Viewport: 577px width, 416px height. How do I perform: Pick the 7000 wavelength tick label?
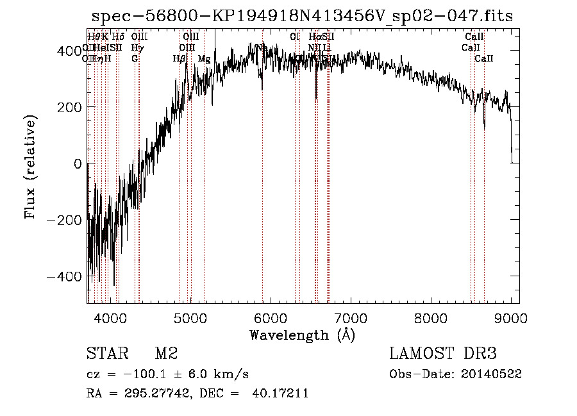click(x=351, y=318)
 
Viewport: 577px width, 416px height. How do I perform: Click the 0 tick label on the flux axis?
click(x=78, y=163)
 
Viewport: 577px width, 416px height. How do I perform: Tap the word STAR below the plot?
click(x=106, y=354)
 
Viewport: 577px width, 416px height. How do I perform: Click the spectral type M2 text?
click(x=166, y=354)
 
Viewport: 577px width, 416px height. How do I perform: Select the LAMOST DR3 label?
click(x=443, y=354)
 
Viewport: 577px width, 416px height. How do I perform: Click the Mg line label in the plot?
click(x=204, y=59)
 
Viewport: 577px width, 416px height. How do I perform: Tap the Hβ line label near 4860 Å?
click(x=180, y=59)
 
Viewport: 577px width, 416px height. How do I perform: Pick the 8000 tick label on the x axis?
click(x=431, y=318)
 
